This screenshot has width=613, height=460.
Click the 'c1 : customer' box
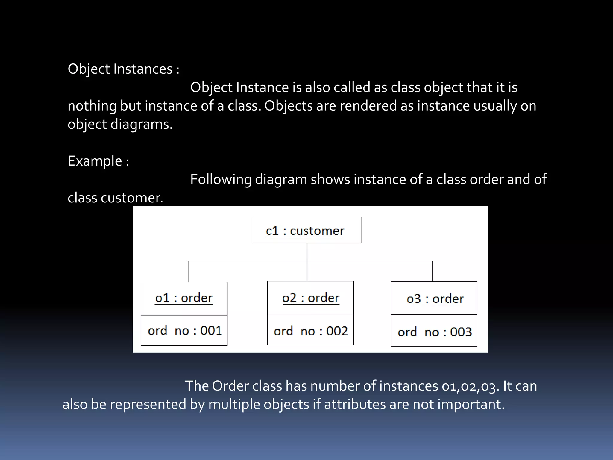point(306,230)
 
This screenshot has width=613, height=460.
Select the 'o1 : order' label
point(183,298)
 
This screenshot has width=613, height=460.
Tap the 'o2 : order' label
point(310,298)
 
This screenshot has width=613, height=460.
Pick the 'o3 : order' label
point(435,299)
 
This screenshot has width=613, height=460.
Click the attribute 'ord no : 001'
point(185,331)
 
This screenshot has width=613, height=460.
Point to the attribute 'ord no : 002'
point(310,331)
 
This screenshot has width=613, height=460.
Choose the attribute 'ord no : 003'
point(435,332)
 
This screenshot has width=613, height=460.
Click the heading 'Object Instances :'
point(123,69)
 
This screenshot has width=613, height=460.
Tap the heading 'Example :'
point(98,161)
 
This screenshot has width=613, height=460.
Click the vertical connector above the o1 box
point(188,272)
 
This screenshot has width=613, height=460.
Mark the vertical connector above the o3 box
point(433,271)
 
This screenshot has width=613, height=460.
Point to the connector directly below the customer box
point(307,252)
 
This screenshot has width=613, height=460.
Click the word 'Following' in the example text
point(221,180)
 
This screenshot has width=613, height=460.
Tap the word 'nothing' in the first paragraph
point(92,106)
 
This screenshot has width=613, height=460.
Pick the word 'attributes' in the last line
point(355,404)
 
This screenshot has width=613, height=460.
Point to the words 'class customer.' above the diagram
point(115,198)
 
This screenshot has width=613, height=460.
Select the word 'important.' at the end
point(471,404)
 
